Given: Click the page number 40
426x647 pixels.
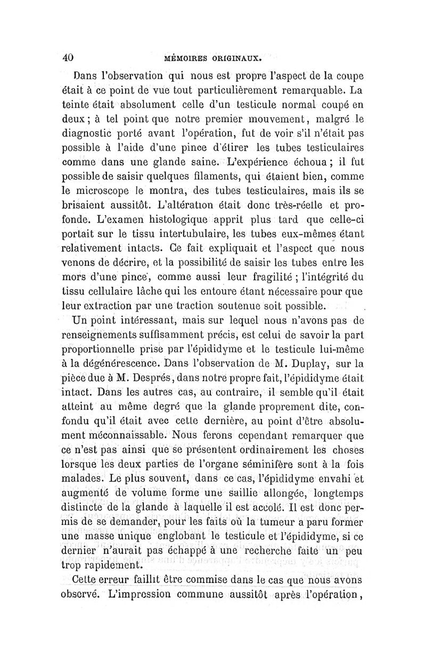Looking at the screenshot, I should pyautogui.click(x=68, y=57).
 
